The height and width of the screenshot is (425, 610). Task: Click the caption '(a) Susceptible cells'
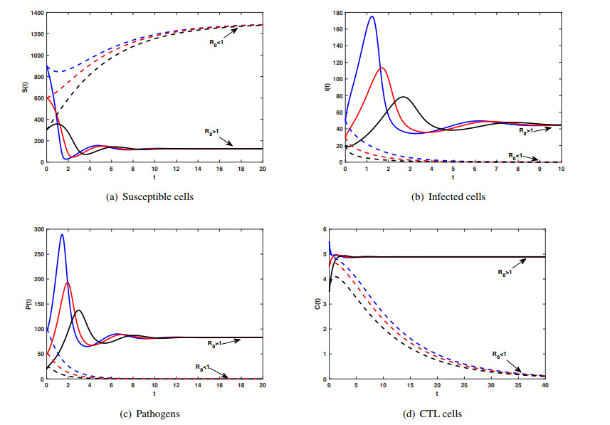pyautogui.click(x=154, y=196)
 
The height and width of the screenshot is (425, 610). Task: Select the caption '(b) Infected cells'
pyautogui.click(x=453, y=196)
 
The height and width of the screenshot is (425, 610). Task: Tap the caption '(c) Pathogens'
pyautogui.click(x=154, y=414)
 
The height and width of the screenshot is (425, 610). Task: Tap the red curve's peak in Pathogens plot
pyautogui.click(x=68, y=282)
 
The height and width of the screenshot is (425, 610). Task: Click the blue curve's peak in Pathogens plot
pyautogui.click(x=62, y=234)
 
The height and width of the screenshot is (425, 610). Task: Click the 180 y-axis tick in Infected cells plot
pyautogui.click(x=337, y=13)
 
